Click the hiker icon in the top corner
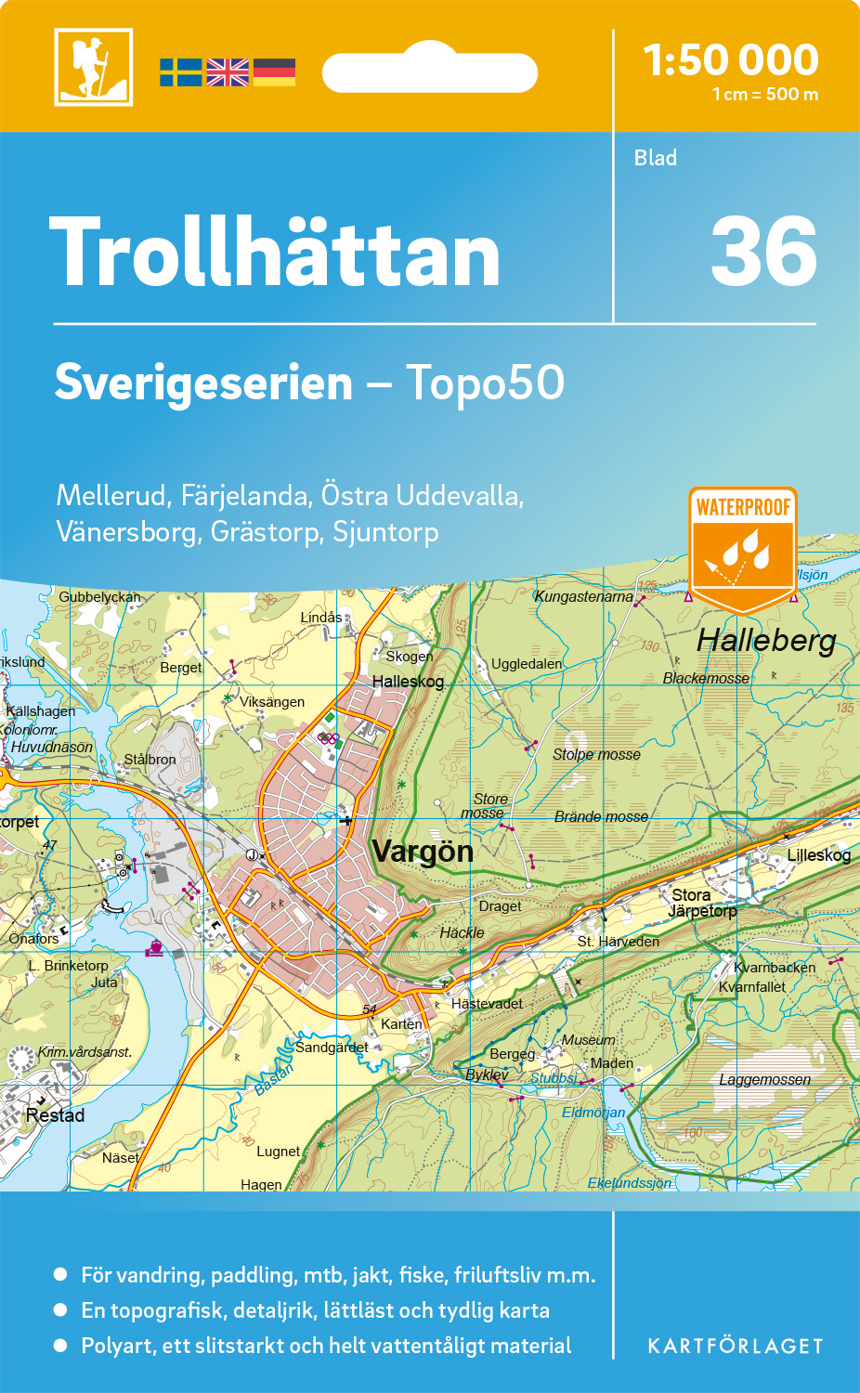(x=93, y=67)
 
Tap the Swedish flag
(x=180, y=72)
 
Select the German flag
(x=274, y=72)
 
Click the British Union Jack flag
(x=228, y=72)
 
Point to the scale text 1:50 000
(x=731, y=60)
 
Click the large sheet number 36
(x=763, y=252)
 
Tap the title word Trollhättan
(x=275, y=253)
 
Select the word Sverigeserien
(x=203, y=382)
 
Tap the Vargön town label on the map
(x=423, y=852)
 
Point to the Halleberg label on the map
(x=766, y=640)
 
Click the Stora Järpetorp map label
(x=702, y=903)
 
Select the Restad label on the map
(x=55, y=1115)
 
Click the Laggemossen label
(x=764, y=1079)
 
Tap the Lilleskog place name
(x=818, y=855)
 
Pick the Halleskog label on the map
(x=408, y=682)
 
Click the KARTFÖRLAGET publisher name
(x=736, y=1346)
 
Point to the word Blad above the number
(x=656, y=158)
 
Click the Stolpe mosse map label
(x=596, y=754)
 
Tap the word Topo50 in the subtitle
(x=485, y=382)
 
